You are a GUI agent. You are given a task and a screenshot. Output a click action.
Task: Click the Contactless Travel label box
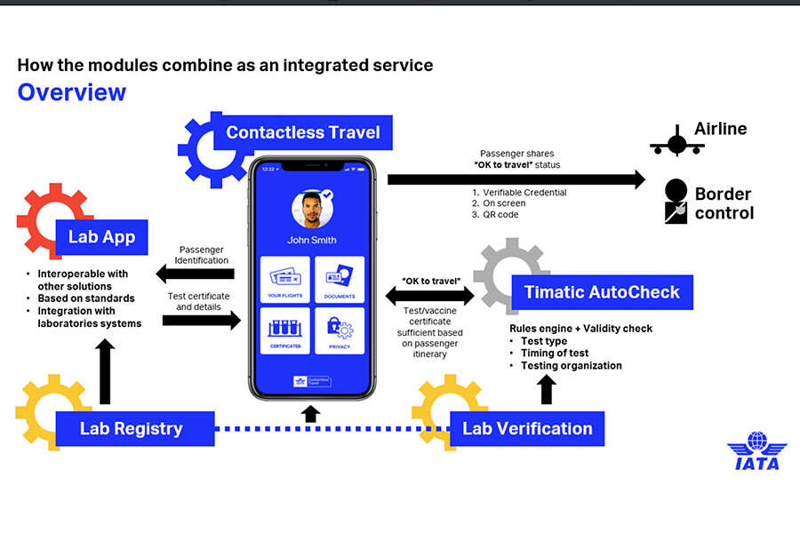(302, 133)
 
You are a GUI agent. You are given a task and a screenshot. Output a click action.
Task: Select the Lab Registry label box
(132, 428)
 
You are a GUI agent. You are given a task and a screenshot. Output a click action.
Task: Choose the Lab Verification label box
(527, 428)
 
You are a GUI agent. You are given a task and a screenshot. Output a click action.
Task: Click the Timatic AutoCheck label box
(602, 292)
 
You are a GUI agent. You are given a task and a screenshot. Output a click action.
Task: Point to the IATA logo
(756, 450)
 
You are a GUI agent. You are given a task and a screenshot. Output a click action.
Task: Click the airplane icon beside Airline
(676, 141)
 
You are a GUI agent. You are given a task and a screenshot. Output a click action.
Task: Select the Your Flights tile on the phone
(284, 279)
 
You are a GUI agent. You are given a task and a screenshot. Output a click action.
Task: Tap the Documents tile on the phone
(340, 279)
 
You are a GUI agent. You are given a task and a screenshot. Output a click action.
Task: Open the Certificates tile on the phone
(284, 330)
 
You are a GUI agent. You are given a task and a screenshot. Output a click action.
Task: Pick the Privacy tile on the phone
(340, 330)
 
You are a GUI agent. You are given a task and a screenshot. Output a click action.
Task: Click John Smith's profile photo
(311, 209)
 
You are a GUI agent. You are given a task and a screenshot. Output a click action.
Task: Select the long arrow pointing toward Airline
(516, 179)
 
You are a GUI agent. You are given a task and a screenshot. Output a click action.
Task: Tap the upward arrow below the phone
(310, 413)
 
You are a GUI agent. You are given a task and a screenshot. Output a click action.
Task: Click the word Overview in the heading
(72, 92)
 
